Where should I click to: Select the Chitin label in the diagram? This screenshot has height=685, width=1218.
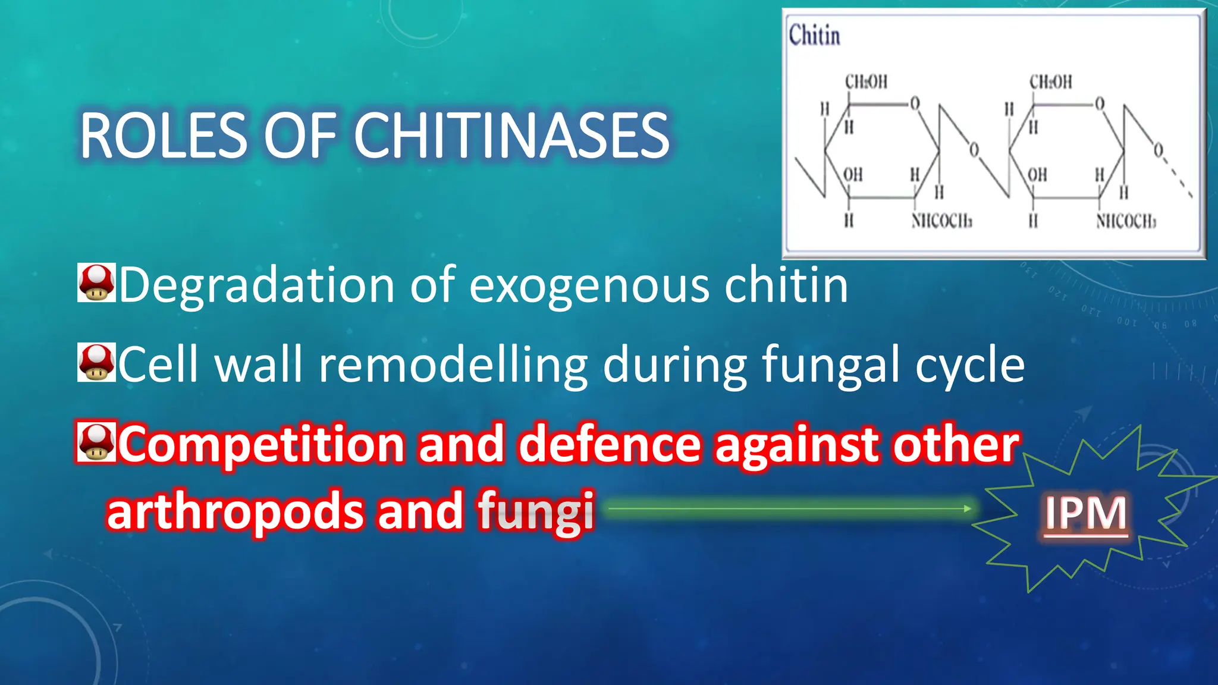tap(814, 35)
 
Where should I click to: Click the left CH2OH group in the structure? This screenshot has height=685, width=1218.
tap(866, 82)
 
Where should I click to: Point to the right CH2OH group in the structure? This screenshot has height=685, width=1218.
tap(1050, 82)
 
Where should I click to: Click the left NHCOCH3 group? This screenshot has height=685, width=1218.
tap(941, 222)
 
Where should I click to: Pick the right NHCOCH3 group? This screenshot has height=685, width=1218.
tap(1126, 222)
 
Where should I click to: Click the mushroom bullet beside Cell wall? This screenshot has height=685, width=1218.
tap(96, 362)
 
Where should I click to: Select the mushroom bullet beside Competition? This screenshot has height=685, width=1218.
tap(96, 441)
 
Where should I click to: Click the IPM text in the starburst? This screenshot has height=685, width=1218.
tap(1086, 513)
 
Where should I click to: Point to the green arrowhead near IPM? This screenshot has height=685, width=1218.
tap(968, 508)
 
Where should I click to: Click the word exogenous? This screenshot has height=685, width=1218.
tap(589, 287)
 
